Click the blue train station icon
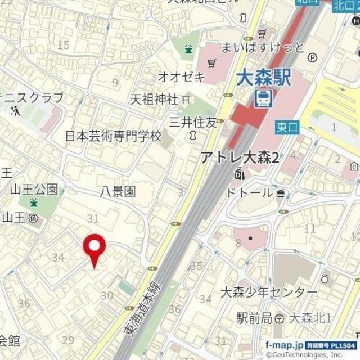pyautogui.click(x=263, y=99)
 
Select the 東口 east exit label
pyautogui.click(x=287, y=128)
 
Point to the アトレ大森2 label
pyautogui.click(x=241, y=158)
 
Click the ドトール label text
pyautogui.click(x=250, y=193)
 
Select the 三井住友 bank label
pyautogui.click(x=193, y=121)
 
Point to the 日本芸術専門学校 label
pyautogui.click(x=113, y=136)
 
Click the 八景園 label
pyautogui.click(x=118, y=191)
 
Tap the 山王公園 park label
pyautogui.click(x=34, y=189)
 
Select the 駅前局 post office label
pyautogui.click(x=254, y=318)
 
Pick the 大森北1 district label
pyautogui.click(x=310, y=318)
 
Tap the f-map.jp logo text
pyautogui.click(x=285, y=344)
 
